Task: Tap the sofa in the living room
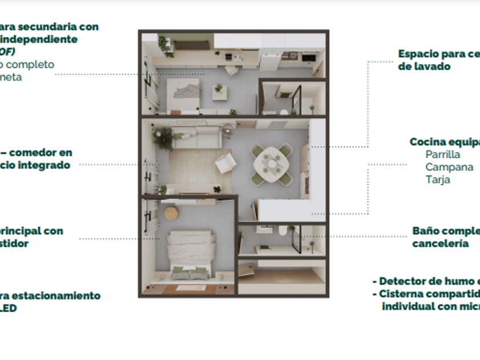click(x=197, y=137)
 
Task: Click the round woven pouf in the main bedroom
click(x=171, y=213)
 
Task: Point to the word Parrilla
click(x=443, y=154)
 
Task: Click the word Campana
click(x=449, y=167)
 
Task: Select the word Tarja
click(x=438, y=179)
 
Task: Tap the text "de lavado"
click(x=424, y=66)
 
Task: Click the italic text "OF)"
click(x=7, y=52)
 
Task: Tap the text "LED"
click(x=8, y=309)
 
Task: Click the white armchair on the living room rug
click(x=226, y=165)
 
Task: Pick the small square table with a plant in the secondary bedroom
click(x=219, y=91)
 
